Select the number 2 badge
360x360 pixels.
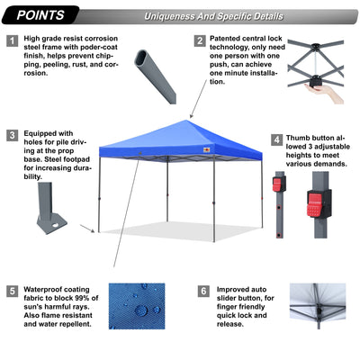pyautogui.click(x=199, y=40)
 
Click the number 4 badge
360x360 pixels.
pyautogui.click(x=276, y=140)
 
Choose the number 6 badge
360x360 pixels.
pyautogui.click(x=204, y=292)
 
